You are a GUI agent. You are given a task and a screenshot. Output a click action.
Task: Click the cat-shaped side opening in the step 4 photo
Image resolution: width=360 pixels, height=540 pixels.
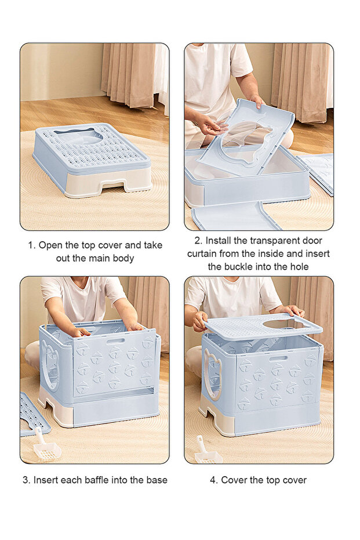tap(212, 372)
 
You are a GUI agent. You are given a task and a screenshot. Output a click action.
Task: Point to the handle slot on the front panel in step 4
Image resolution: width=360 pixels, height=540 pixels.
tap(278, 358)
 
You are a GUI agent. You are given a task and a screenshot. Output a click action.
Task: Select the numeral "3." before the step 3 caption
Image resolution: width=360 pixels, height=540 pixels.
tap(27, 480)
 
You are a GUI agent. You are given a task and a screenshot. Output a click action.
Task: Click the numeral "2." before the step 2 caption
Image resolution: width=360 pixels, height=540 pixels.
tap(198, 240)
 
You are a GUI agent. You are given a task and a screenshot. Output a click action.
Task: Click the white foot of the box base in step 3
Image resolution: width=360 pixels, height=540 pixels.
tap(55, 408)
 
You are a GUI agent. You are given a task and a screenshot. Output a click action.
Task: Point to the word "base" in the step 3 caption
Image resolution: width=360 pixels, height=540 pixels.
tap(157, 480)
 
